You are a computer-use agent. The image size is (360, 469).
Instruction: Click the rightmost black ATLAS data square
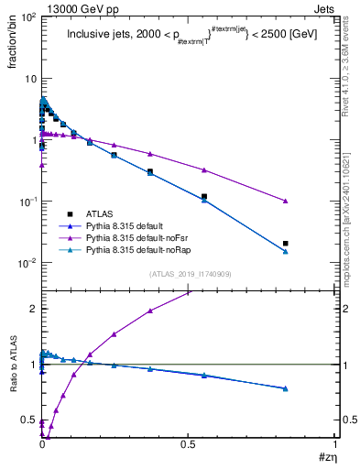coord(286,244)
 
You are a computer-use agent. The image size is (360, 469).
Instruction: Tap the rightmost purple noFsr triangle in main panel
coord(286,201)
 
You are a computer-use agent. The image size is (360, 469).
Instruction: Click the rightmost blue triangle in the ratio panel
coord(286,388)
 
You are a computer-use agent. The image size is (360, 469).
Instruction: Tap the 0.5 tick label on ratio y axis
coord(28,420)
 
